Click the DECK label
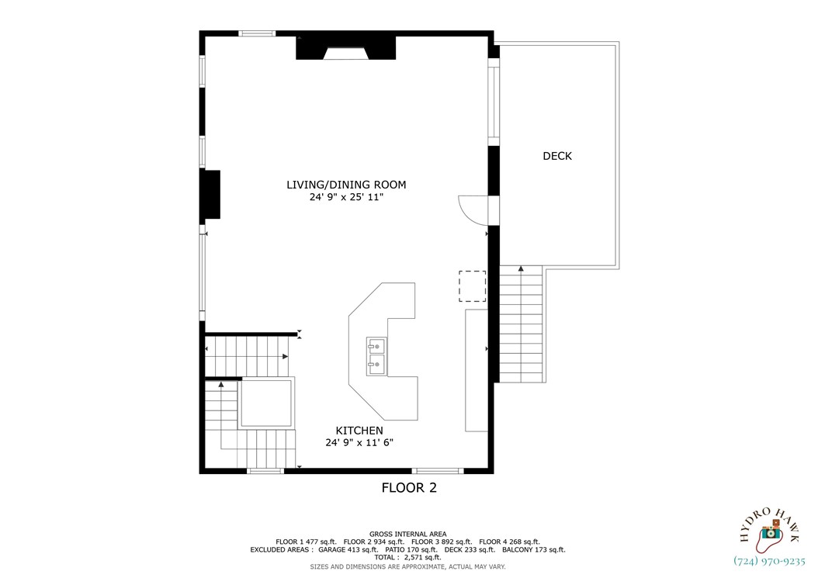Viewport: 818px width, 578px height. (x=556, y=156)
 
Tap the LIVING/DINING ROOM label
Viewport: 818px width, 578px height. (x=346, y=185)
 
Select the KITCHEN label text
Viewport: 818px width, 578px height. (x=359, y=431)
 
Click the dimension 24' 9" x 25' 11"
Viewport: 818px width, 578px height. (x=346, y=198)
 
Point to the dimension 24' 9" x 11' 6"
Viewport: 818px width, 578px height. (x=359, y=443)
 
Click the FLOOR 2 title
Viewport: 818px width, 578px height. (x=409, y=488)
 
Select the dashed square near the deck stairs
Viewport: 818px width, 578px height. (x=472, y=286)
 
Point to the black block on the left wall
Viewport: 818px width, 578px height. (x=211, y=194)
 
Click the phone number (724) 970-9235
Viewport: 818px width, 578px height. (x=769, y=561)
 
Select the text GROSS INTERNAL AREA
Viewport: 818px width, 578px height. (x=407, y=534)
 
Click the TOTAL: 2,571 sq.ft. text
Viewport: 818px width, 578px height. (x=407, y=557)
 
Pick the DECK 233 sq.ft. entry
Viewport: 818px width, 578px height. (x=467, y=549)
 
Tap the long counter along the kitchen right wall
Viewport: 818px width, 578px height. (x=475, y=369)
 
